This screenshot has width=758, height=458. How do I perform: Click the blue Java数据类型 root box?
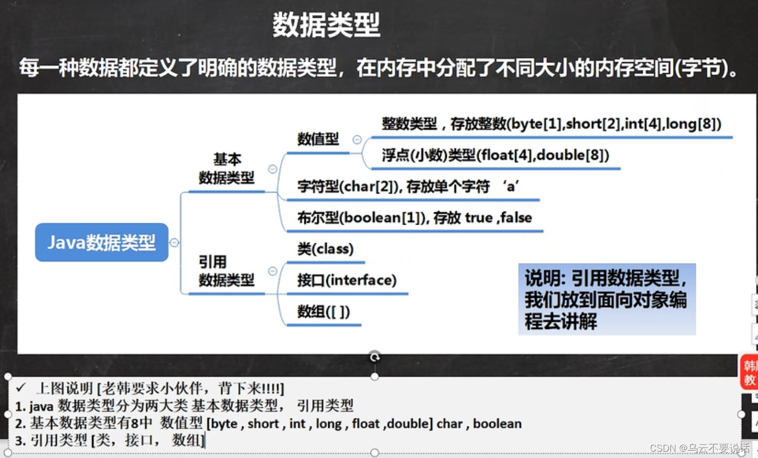pyautogui.click(x=102, y=242)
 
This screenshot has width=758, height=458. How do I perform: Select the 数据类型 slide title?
pyautogui.click(x=326, y=25)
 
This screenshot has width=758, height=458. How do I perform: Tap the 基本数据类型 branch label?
pyautogui.click(x=227, y=168)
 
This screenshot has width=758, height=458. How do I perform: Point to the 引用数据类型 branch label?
pyautogui.click(x=227, y=271)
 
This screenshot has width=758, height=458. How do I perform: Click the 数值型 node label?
pyautogui.click(x=318, y=139)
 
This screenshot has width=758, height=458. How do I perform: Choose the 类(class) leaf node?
pyautogui.click(x=325, y=249)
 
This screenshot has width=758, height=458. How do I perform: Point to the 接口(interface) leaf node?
pyautogui.click(x=347, y=280)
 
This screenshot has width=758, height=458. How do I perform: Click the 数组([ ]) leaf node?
pyautogui.click(x=323, y=312)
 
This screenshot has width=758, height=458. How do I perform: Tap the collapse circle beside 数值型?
pyautogui.click(x=357, y=139)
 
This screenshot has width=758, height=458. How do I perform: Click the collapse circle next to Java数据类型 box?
pyautogui.click(x=174, y=242)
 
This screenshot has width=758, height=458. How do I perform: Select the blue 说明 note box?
pyautogui.click(x=607, y=299)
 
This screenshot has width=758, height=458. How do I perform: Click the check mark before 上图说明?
pyautogui.click(x=21, y=387)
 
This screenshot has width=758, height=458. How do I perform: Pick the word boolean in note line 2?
pyautogui.click(x=497, y=423)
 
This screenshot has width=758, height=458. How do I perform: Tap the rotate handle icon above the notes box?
pyautogui.click(x=374, y=357)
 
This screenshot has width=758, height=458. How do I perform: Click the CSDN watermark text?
pyautogui.click(x=700, y=448)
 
